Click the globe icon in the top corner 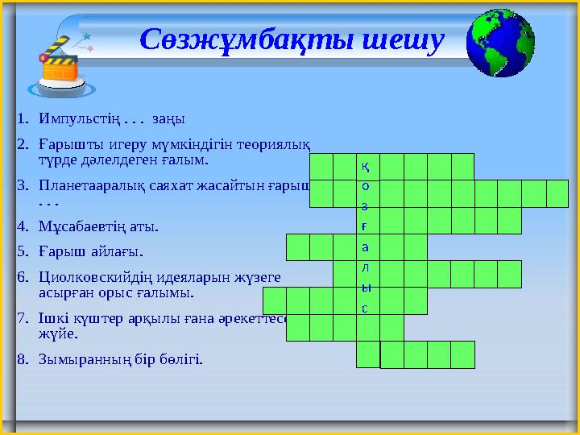(500, 43)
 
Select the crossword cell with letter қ (367, 167)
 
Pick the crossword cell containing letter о (367, 187)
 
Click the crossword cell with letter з (367, 207)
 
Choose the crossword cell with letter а (367, 247)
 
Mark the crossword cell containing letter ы (367, 288)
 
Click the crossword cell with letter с (367, 308)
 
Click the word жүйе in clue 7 (55, 333)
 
